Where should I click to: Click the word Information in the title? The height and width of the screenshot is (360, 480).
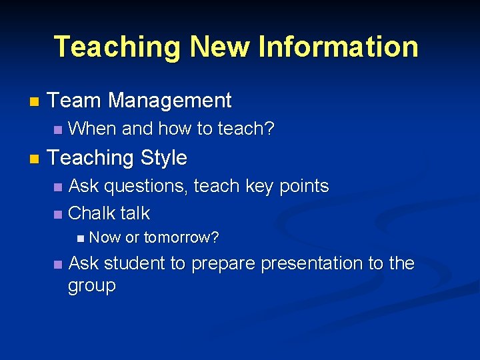point(339,47)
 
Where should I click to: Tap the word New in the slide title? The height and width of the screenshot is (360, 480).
point(221,47)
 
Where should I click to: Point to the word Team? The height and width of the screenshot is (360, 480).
point(75,101)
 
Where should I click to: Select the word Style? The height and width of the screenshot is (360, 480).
point(163,158)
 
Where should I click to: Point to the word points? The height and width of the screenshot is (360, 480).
point(303,187)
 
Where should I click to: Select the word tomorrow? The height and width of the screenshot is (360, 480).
point(181,237)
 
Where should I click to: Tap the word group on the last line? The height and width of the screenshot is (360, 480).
point(92,286)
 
